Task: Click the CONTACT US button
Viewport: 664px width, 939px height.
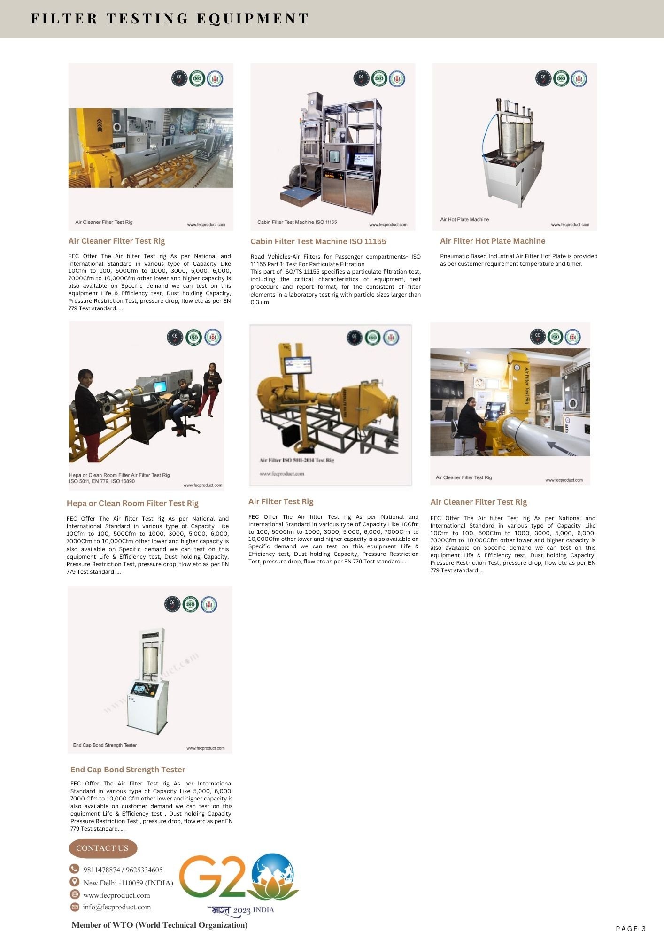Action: click(102, 848)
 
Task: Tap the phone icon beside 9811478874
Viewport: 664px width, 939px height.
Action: click(74, 869)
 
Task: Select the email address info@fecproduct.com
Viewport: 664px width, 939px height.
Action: click(117, 907)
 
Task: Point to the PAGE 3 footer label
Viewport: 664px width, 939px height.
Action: click(631, 928)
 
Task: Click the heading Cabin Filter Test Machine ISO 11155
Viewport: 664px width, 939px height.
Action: click(318, 241)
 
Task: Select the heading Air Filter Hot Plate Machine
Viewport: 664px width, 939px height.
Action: click(492, 241)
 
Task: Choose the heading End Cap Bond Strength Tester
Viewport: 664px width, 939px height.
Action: click(128, 769)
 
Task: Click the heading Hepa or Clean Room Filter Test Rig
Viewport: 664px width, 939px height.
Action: click(132, 503)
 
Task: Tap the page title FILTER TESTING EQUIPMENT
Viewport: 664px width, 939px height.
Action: click(170, 19)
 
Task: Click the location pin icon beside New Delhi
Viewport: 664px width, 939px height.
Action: click(74, 881)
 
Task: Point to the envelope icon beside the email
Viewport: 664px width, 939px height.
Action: click(74, 907)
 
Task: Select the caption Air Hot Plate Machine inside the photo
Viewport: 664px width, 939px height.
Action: click(464, 219)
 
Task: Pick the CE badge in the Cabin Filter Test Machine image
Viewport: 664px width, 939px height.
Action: click(361, 78)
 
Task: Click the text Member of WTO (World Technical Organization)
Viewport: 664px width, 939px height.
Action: click(159, 925)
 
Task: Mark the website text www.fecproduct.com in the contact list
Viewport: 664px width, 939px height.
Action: click(116, 895)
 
